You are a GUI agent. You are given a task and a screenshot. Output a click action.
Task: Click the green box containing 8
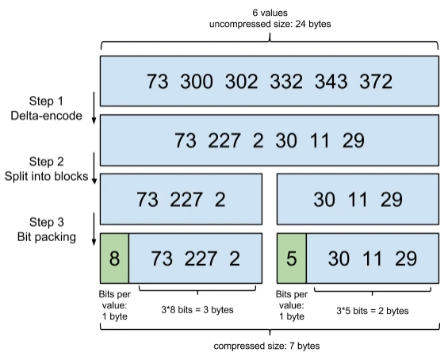coord(113,259)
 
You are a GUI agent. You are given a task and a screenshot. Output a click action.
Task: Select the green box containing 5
coord(291,259)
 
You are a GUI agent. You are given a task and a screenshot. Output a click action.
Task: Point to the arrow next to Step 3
coord(94,230)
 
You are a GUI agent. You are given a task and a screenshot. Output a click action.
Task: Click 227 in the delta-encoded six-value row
coord(224,140)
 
